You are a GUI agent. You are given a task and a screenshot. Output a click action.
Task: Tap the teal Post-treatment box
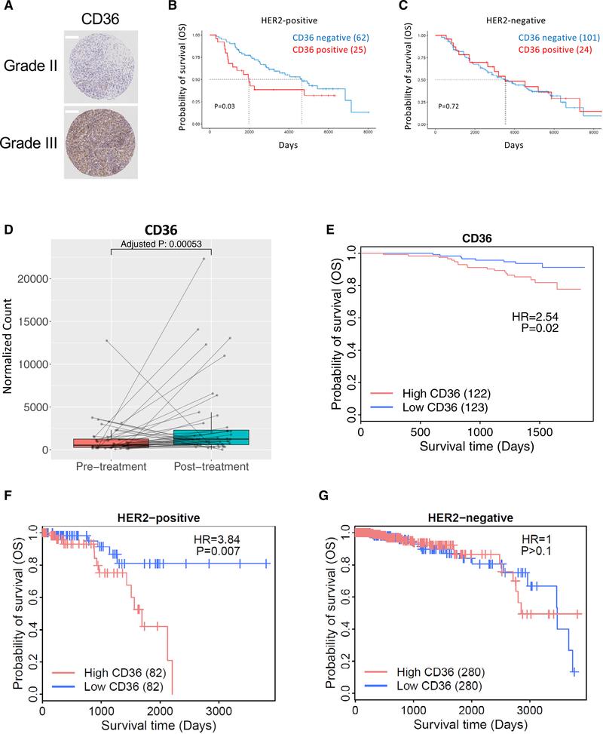[210, 438]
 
